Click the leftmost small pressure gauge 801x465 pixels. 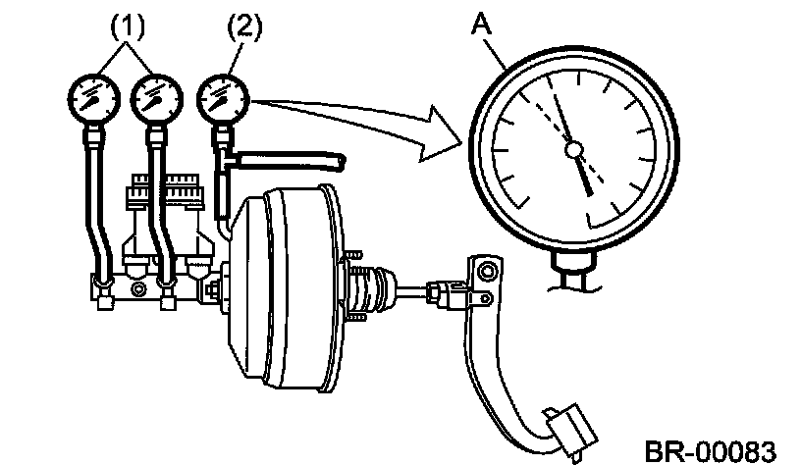point(91,98)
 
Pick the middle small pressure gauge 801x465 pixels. point(157,98)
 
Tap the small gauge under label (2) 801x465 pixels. point(222,98)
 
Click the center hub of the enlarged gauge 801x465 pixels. point(574,149)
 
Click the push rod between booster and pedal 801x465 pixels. point(412,291)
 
